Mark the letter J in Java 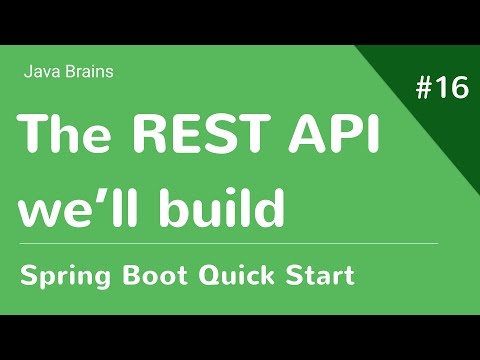coord(26,71)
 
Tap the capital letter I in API coord(372,133)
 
